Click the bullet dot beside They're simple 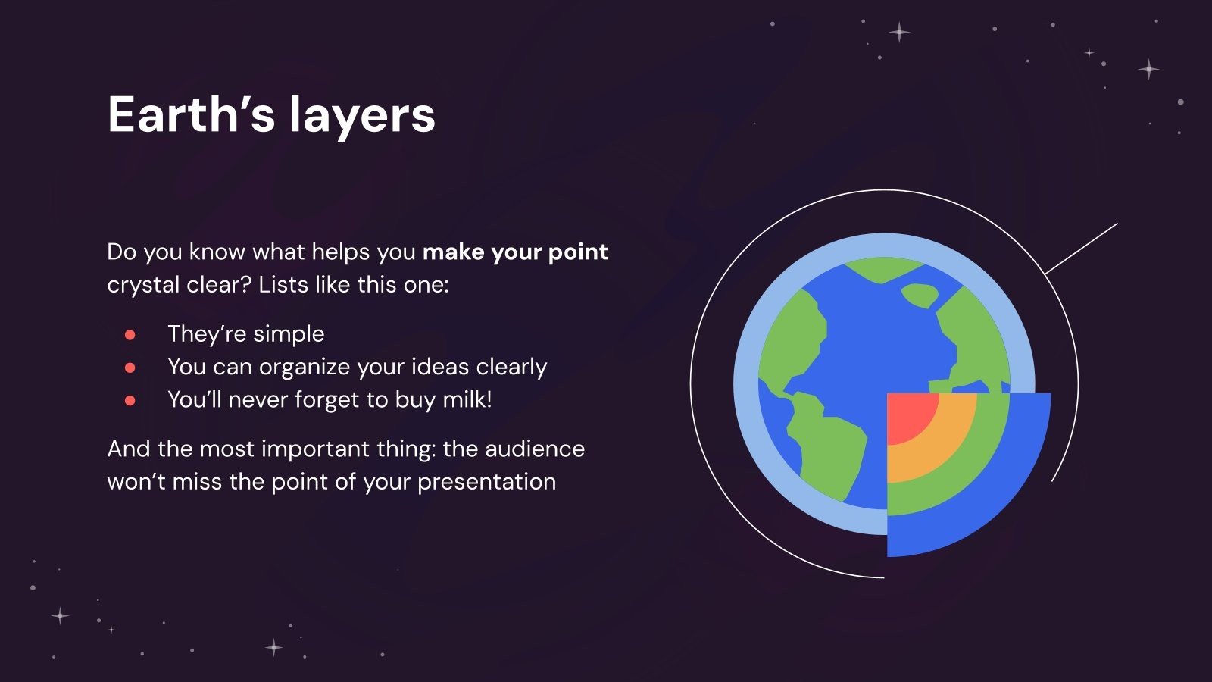(x=130, y=334)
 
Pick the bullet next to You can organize (x=130, y=368)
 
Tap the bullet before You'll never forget (x=130, y=400)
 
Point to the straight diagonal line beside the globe (x=1081, y=249)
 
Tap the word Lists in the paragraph (x=283, y=285)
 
